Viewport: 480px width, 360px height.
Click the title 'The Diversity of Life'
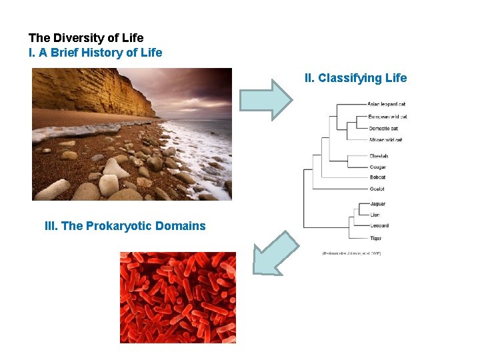[x=86, y=38]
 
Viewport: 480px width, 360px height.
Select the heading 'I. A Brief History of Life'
[x=95, y=52]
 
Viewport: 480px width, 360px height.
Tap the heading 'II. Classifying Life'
[x=355, y=78]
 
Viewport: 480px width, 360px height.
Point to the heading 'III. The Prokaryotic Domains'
[x=125, y=225]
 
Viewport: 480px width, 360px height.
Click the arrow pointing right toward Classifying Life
[x=266, y=99]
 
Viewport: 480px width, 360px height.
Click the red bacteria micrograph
[x=177, y=297]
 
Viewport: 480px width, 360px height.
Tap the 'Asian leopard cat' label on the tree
[x=387, y=104]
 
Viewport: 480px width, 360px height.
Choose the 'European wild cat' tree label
[x=387, y=117]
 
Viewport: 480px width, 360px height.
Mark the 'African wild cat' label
[x=385, y=139]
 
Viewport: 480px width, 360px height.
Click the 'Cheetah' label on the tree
[x=379, y=156]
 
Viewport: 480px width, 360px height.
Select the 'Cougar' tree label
[x=378, y=167]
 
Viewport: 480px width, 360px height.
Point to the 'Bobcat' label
[x=377, y=177]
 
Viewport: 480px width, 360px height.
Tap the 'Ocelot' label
[x=377, y=189]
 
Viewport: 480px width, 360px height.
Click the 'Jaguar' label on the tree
[x=377, y=204]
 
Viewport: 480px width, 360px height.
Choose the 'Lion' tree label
[x=375, y=215]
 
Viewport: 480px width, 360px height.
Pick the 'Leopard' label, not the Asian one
[x=379, y=225]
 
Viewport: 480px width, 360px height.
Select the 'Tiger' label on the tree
[x=375, y=237]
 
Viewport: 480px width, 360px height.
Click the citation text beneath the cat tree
[x=351, y=253]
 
